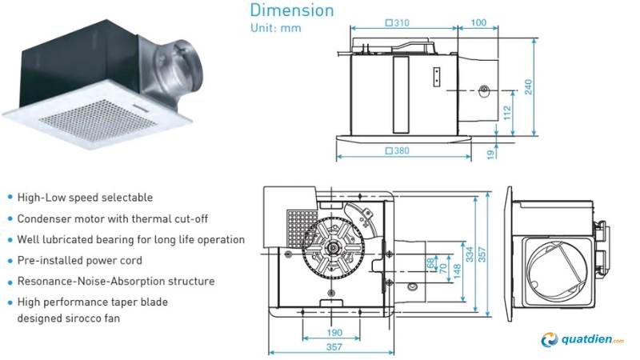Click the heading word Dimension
tap(291, 10)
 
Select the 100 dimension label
tap(478, 24)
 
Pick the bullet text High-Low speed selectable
tap(84, 197)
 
